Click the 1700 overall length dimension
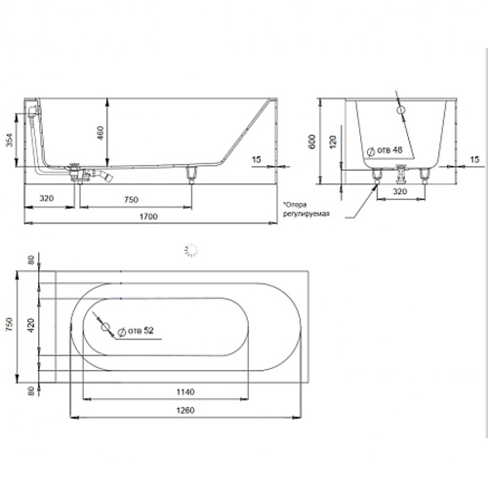tap(148, 217)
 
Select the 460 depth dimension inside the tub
tap(101, 133)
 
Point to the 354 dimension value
tap(10, 140)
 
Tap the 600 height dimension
tap(312, 142)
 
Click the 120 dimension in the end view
tap(333, 142)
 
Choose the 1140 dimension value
tap(185, 391)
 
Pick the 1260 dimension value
tap(185, 410)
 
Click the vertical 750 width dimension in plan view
tap(10, 324)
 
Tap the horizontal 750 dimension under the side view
tap(131, 199)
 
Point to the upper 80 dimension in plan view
tap(30, 261)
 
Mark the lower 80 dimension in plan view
tap(30, 390)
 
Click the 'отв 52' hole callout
tap(136, 331)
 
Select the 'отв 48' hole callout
tap(385, 150)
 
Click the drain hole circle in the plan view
tap(104, 327)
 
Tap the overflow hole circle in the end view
tap(401, 110)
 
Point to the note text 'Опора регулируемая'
tap(305, 209)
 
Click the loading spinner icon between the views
tap(191, 250)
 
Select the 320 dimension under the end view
tap(400, 191)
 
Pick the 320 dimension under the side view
tap(47, 198)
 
